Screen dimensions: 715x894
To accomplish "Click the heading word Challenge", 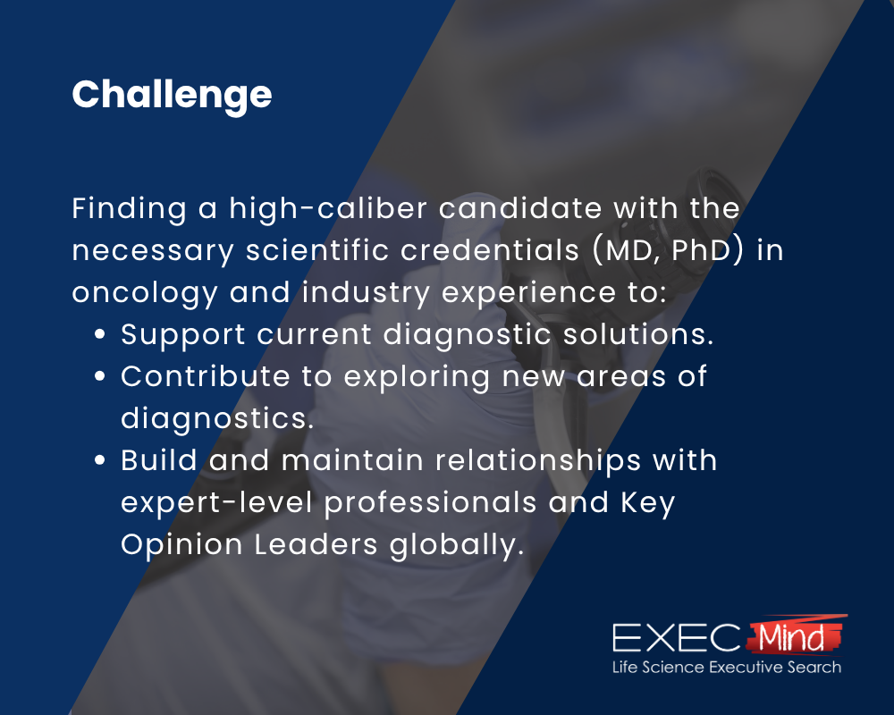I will pos(172,95).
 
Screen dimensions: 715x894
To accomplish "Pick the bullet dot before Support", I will pos(101,335).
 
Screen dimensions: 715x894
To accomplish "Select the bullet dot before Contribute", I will pos(101,376).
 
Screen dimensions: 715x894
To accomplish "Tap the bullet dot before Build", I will pos(101,460).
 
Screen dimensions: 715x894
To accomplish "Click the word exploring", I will pos(416,376).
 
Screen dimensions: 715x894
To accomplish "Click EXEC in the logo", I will pos(676,638).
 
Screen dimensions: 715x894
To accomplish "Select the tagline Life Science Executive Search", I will pos(726,668).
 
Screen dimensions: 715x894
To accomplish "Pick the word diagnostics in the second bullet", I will pos(216,418).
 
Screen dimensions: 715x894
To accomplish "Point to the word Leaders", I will pos(314,544).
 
